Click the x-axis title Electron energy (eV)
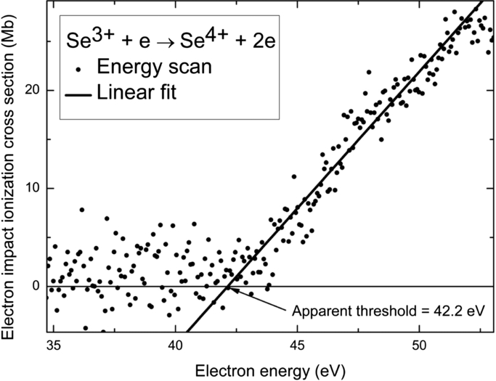[x=269, y=368]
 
